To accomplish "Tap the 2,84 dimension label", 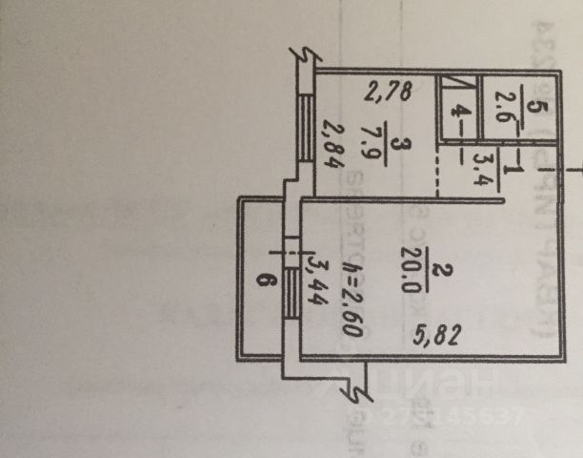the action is tap(332, 145).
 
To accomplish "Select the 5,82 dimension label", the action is tap(432, 336).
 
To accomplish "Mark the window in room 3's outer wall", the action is tap(304, 124).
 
